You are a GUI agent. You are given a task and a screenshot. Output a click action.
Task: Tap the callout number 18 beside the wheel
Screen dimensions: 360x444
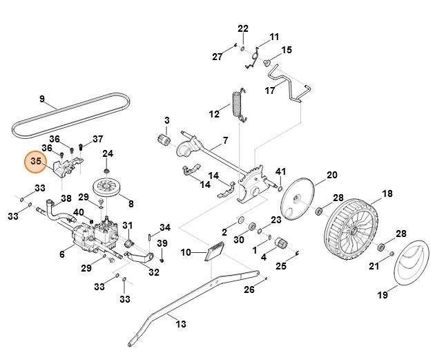[x=387, y=193]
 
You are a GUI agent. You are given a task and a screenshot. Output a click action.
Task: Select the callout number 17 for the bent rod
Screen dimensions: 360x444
[x=271, y=91]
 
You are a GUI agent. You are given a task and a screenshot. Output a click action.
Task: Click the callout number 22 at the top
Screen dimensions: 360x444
[x=242, y=28]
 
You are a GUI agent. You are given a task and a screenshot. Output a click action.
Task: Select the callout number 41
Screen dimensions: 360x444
[x=280, y=171]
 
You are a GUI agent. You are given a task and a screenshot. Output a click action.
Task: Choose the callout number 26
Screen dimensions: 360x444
[x=249, y=291]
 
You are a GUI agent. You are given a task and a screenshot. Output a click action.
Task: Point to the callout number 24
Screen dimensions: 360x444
[x=108, y=153]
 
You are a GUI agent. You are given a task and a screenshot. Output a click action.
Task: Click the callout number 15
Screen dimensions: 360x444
[x=286, y=50]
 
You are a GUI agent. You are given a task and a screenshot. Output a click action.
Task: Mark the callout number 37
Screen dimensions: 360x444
[x=98, y=138]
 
